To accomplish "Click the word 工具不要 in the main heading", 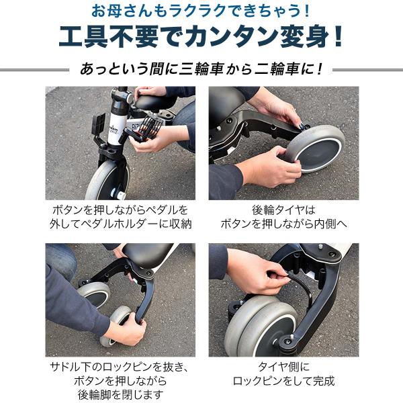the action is [x=108, y=37].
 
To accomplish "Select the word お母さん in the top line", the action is [x=122, y=11].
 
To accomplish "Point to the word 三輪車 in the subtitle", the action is [x=201, y=69].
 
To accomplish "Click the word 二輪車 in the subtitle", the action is [x=277, y=69].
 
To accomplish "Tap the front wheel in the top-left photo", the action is [x=107, y=181].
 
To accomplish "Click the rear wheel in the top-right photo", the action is [x=316, y=148].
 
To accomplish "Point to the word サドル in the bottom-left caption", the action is [x=64, y=367].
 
